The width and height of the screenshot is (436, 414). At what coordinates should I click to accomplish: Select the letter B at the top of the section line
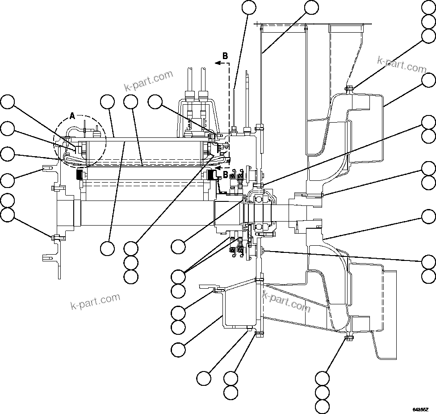click(225, 56)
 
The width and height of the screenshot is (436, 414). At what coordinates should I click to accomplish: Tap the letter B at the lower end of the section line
click(225, 174)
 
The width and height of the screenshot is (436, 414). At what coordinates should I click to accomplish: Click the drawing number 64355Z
click(420, 409)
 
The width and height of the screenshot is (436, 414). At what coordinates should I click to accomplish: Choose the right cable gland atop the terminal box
click(204, 95)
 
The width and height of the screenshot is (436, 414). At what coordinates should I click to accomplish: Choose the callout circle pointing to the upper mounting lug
click(7, 181)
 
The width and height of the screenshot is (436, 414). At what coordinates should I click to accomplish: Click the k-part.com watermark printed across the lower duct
click(286, 301)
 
